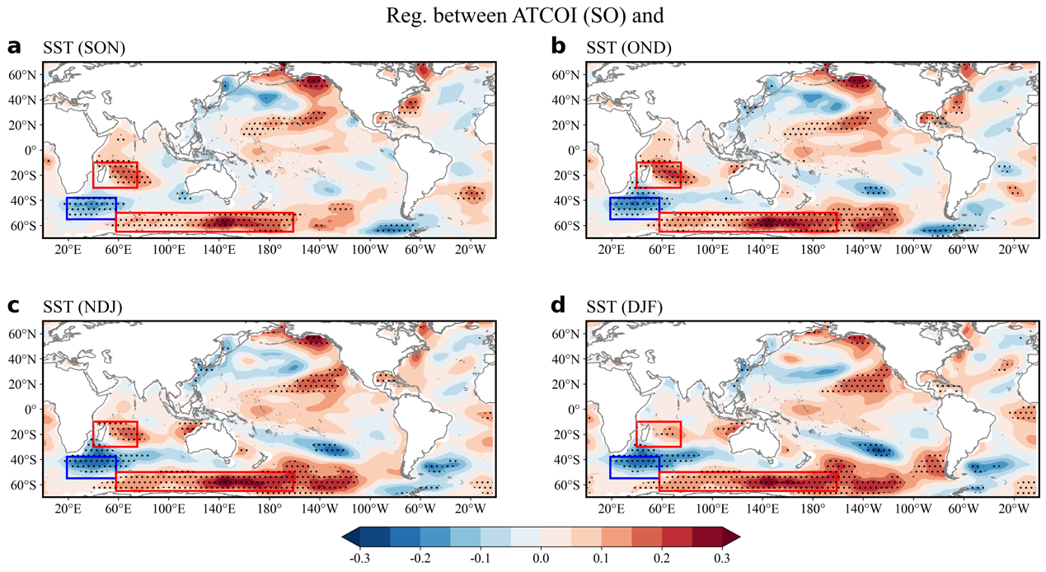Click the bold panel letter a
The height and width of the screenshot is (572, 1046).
(x=13, y=47)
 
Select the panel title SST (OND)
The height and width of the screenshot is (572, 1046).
(x=628, y=49)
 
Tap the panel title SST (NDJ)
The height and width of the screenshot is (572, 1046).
(x=83, y=307)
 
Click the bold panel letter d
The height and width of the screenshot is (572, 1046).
(x=558, y=306)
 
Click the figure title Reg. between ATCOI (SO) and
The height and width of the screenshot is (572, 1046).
(x=523, y=16)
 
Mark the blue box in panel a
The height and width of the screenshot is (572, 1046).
(x=91, y=209)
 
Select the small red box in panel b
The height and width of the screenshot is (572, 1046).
(x=659, y=175)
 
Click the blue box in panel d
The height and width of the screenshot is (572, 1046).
(x=635, y=467)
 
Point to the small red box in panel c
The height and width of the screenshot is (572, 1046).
(x=115, y=434)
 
